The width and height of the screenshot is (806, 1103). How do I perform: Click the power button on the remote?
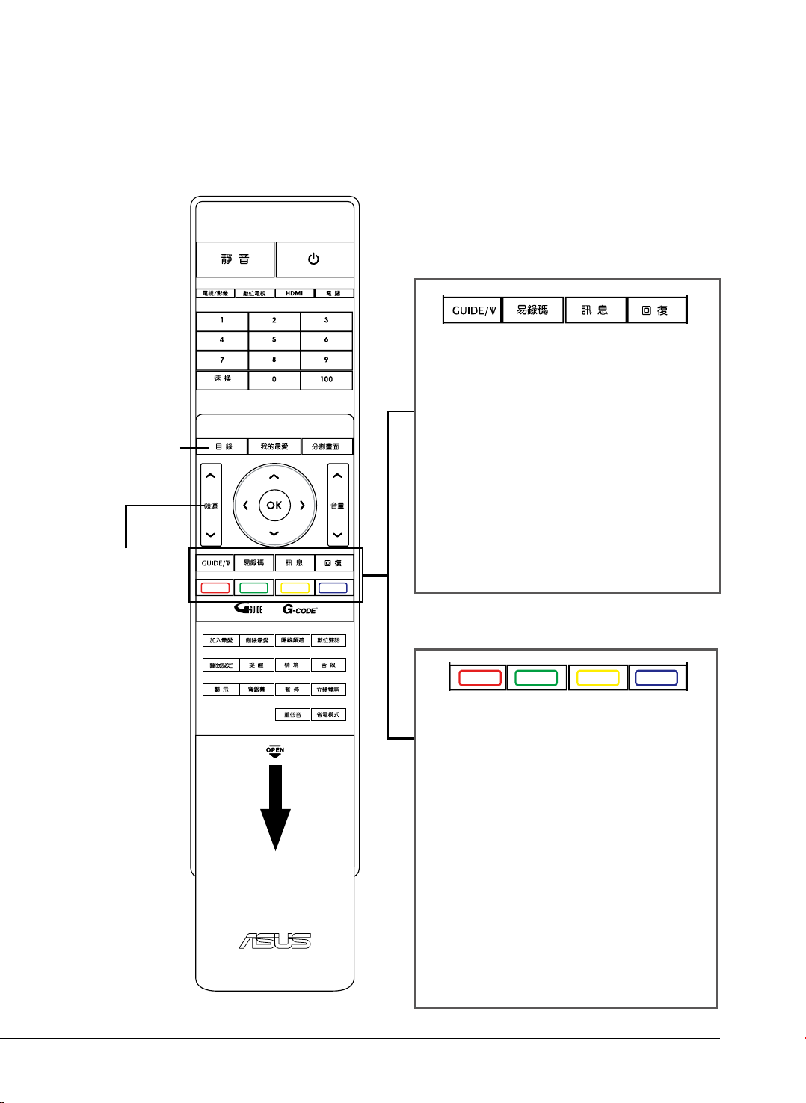point(314,259)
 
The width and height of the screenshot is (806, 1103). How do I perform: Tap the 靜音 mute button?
point(236,259)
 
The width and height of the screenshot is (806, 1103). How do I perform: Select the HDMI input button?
point(294,293)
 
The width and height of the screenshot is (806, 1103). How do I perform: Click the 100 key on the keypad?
point(326,379)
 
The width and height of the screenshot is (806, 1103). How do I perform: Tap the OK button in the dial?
point(274,505)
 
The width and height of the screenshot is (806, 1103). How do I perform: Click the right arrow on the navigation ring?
point(302,505)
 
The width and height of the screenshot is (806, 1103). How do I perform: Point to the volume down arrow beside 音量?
point(338,534)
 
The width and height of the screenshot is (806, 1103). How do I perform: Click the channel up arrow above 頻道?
point(211,476)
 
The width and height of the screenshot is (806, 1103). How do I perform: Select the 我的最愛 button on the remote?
point(274,446)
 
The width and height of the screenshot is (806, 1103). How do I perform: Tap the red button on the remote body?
point(215,588)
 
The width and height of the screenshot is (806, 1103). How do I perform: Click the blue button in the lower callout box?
point(656,678)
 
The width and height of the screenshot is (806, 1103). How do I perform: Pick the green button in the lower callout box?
point(536,678)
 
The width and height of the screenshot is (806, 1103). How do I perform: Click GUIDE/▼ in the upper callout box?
point(473,310)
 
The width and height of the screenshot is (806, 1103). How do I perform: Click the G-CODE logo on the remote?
point(299,609)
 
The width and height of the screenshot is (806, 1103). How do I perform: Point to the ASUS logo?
point(274,941)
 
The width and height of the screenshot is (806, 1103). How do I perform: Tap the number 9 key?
point(326,360)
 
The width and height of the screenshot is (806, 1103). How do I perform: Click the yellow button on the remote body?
point(295,588)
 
